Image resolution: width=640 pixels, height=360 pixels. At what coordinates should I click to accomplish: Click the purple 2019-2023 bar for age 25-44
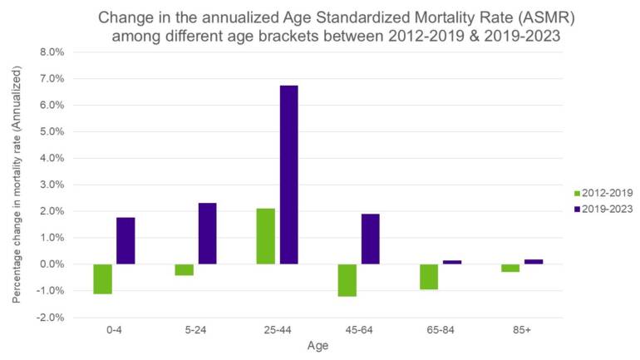tap(288, 175)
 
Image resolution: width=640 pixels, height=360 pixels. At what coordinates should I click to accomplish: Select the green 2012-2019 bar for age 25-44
tap(265, 236)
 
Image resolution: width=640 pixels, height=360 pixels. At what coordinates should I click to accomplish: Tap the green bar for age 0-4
tap(102, 279)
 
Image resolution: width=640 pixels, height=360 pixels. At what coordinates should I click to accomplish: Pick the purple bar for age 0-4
tap(126, 240)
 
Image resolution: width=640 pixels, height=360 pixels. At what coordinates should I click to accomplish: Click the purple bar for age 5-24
tap(207, 234)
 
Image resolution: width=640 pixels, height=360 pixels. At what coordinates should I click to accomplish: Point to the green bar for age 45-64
tap(347, 280)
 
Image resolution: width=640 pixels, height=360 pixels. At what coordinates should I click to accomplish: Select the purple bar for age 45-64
tap(371, 239)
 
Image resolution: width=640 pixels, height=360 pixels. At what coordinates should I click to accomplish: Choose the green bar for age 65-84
tap(429, 276)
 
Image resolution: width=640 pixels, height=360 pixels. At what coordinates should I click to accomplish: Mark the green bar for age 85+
tap(510, 268)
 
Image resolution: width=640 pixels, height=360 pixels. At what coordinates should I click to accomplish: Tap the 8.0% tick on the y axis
tap(51, 52)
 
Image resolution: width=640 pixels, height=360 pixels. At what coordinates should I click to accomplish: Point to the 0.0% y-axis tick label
tap(51, 264)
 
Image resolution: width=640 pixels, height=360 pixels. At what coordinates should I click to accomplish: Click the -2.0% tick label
tap(49, 318)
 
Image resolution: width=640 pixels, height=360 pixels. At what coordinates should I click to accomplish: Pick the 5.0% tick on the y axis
tap(51, 131)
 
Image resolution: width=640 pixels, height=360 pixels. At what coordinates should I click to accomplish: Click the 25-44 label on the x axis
tap(277, 329)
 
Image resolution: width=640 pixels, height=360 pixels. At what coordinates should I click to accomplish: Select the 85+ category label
tap(522, 329)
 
